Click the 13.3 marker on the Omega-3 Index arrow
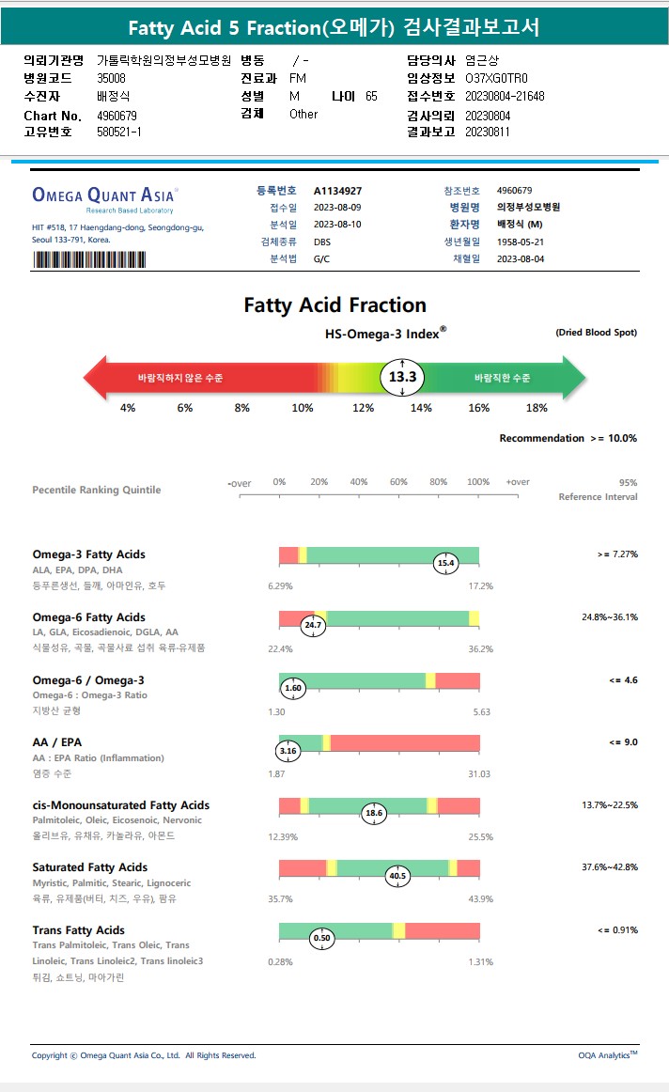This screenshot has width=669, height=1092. [403, 378]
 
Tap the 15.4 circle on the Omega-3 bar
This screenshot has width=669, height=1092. [446, 563]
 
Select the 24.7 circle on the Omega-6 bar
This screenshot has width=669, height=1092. [313, 625]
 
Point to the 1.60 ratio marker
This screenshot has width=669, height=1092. [293, 688]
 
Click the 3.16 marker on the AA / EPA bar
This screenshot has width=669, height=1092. [288, 751]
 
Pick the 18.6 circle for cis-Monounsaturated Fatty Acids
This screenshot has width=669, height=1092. [375, 813]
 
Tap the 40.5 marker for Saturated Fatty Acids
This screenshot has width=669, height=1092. [397, 876]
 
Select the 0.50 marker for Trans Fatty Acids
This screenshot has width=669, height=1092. [322, 938]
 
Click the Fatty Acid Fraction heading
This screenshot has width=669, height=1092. [334, 305]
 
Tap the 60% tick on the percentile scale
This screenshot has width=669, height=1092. [398, 483]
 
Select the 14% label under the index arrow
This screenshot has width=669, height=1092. [421, 408]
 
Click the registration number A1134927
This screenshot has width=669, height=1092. [338, 191]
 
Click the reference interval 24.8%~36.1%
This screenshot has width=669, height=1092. [610, 617]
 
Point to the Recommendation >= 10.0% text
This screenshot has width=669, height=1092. [568, 438]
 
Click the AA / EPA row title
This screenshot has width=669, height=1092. [57, 742]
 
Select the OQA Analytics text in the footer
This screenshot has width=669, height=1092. [607, 1055]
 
